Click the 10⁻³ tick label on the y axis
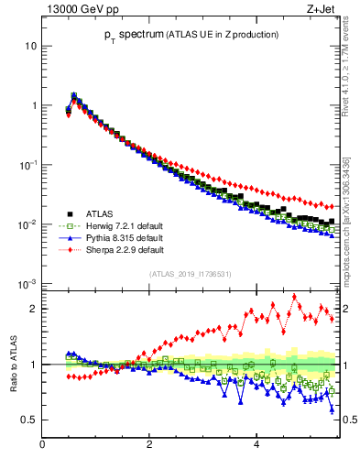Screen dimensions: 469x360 pos(27,284)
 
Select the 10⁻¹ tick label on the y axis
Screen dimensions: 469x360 pos(27,165)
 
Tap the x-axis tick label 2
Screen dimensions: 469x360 pos(149,445)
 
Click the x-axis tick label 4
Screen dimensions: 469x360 pos(256,445)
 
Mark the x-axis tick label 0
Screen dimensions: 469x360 pos(43,445)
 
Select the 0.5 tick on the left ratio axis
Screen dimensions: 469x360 pos(28,420)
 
